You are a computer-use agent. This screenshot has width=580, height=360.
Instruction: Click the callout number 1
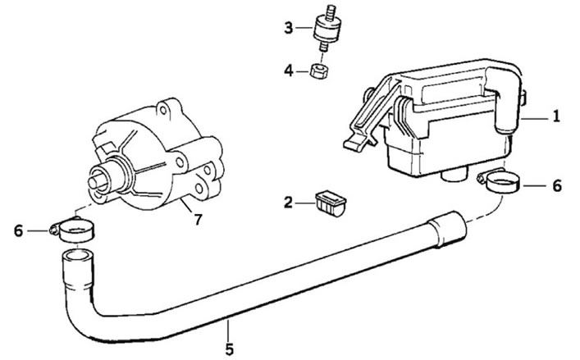(x=556, y=116)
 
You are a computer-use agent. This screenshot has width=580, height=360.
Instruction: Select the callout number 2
(x=288, y=203)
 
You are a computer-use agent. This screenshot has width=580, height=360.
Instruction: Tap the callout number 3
(x=289, y=28)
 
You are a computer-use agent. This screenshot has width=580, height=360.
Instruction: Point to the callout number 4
(x=289, y=71)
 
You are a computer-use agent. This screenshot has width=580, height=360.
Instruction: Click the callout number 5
(x=230, y=349)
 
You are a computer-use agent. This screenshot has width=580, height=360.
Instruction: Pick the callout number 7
(x=198, y=220)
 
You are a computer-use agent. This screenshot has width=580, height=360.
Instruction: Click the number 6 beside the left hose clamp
(x=19, y=231)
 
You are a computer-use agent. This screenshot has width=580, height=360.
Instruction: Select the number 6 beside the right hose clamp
(x=557, y=185)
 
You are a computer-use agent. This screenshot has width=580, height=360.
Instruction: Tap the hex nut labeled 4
(x=319, y=71)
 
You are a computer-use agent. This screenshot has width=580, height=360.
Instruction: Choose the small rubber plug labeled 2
(x=331, y=203)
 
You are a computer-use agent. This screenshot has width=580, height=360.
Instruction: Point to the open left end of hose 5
(x=76, y=255)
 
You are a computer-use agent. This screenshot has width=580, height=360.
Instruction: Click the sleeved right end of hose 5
(x=447, y=229)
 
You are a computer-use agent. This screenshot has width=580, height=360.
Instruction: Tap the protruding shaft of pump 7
(x=97, y=183)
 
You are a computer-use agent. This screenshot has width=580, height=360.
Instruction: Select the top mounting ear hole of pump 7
(x=162, y=110)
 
